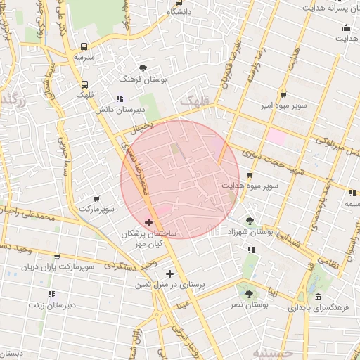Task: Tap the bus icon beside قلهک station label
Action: coord(85,83)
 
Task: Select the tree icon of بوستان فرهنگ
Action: coord(143,69)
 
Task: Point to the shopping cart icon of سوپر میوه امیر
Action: coord(283,94)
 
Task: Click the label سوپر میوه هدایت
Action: coord(250,186)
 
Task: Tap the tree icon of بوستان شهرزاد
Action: coord(250,220)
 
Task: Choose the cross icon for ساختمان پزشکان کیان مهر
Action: coord(148,222)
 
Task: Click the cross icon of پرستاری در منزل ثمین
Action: coord(169,274)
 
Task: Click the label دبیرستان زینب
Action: coord(51,305)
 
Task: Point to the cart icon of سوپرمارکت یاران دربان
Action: coord(57,257)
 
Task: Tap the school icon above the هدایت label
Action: coord(345,29)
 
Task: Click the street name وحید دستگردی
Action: coord(109,266)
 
